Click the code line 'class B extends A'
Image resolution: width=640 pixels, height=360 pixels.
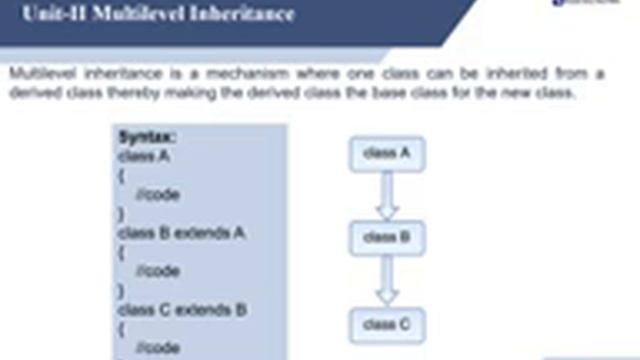182,233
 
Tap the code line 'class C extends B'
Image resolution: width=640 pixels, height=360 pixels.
182,310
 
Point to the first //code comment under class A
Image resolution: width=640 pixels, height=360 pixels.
157,194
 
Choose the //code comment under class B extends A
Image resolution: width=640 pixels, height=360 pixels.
157,271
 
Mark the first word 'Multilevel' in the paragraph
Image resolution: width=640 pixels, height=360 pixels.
38,74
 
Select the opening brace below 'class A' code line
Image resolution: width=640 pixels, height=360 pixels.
121,175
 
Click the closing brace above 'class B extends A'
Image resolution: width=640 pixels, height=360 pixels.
121,213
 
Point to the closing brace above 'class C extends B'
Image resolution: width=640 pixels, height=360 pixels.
121,290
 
